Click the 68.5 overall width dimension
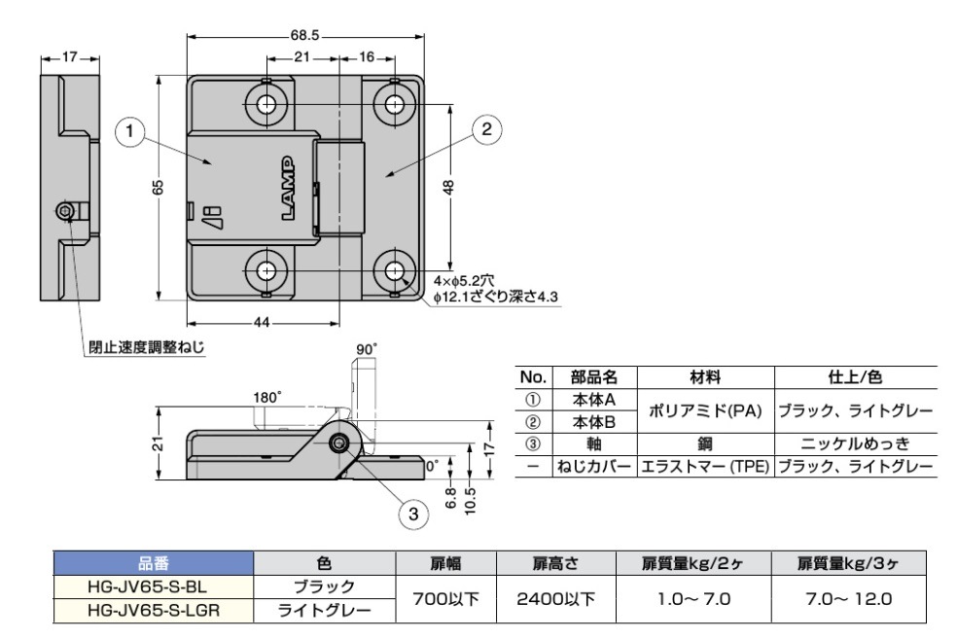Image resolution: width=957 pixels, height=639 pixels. (x=305, y=35)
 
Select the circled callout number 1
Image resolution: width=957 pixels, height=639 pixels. (x=129, y=129)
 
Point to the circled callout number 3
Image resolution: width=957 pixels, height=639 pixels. (x=412, y=514)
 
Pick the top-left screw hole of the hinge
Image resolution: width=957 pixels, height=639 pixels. (x=266, y=103)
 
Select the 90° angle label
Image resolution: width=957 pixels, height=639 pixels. (x=366, y=348)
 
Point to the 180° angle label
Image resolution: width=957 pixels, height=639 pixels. (x=266, y=398)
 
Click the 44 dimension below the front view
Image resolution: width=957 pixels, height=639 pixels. (x=263, y=322)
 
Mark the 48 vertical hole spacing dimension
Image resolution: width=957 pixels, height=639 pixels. (x=448, y=187)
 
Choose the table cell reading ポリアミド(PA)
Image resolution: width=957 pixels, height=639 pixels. (x=705, y=412)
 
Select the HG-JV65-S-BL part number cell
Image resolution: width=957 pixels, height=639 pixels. (x=153, y=587)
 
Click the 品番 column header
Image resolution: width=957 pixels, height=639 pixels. (x=153, y=563)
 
